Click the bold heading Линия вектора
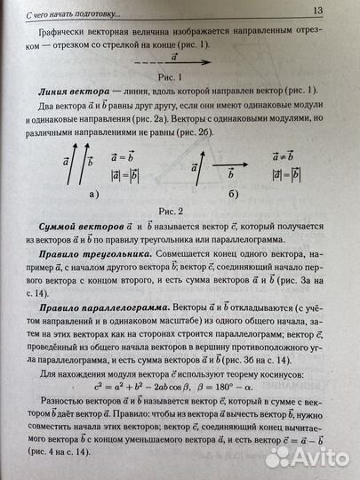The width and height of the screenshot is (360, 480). tap(83, 92)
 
